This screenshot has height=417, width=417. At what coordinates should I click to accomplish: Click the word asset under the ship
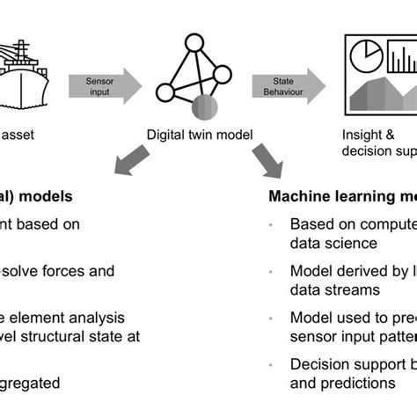click(x=19, y=137)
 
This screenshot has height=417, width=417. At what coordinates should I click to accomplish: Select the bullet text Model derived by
click(x=347, y=270)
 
